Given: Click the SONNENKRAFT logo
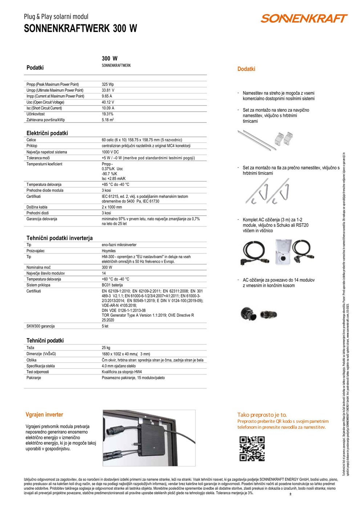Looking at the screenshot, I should tap(304, 19).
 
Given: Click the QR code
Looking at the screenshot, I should tap(252, 449).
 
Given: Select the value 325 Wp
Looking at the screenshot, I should tap(108, 84).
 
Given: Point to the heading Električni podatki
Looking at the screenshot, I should tap(47, 133).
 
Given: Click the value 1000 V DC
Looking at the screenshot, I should tap(110, 152).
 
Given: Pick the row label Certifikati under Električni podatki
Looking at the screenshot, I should tap(34, 196).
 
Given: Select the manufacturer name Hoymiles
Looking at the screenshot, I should tap(109, 251).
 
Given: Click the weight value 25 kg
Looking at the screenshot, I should tap(106, 348).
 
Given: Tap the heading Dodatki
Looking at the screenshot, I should tap(246, 69).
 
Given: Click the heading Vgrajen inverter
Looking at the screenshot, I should tap(44, 414).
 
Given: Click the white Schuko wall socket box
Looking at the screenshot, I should tap(283, 252).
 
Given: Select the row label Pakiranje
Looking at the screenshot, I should tap(34, 378).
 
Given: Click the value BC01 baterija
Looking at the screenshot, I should tap(112, 285).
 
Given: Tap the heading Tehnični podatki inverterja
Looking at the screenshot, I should tap(60, 238).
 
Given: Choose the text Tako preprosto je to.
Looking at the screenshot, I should tap(262, 415).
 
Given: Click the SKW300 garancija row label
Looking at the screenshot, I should tap(41, 326).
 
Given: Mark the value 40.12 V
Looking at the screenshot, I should tap(108, 102).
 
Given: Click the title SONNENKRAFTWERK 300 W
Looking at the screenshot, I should tap(81, 29).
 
